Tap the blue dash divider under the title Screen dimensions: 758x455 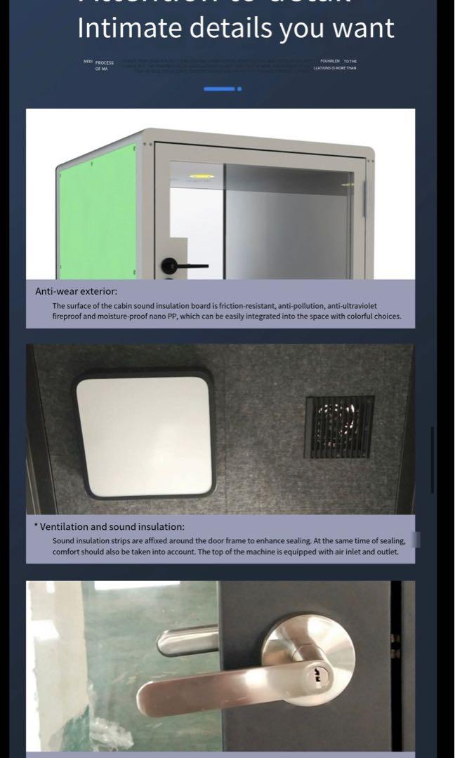(x=219, y=89)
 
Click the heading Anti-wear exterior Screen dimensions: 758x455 (x=77, y=290)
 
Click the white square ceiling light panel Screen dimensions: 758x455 (x=145, y=427)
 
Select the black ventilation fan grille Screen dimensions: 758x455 (x=340, y=427)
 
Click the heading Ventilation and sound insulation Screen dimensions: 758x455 (x=112, y=526)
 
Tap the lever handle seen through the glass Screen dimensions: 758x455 (x=186, y=639)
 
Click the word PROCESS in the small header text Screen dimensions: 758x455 (x=105, y=62)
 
